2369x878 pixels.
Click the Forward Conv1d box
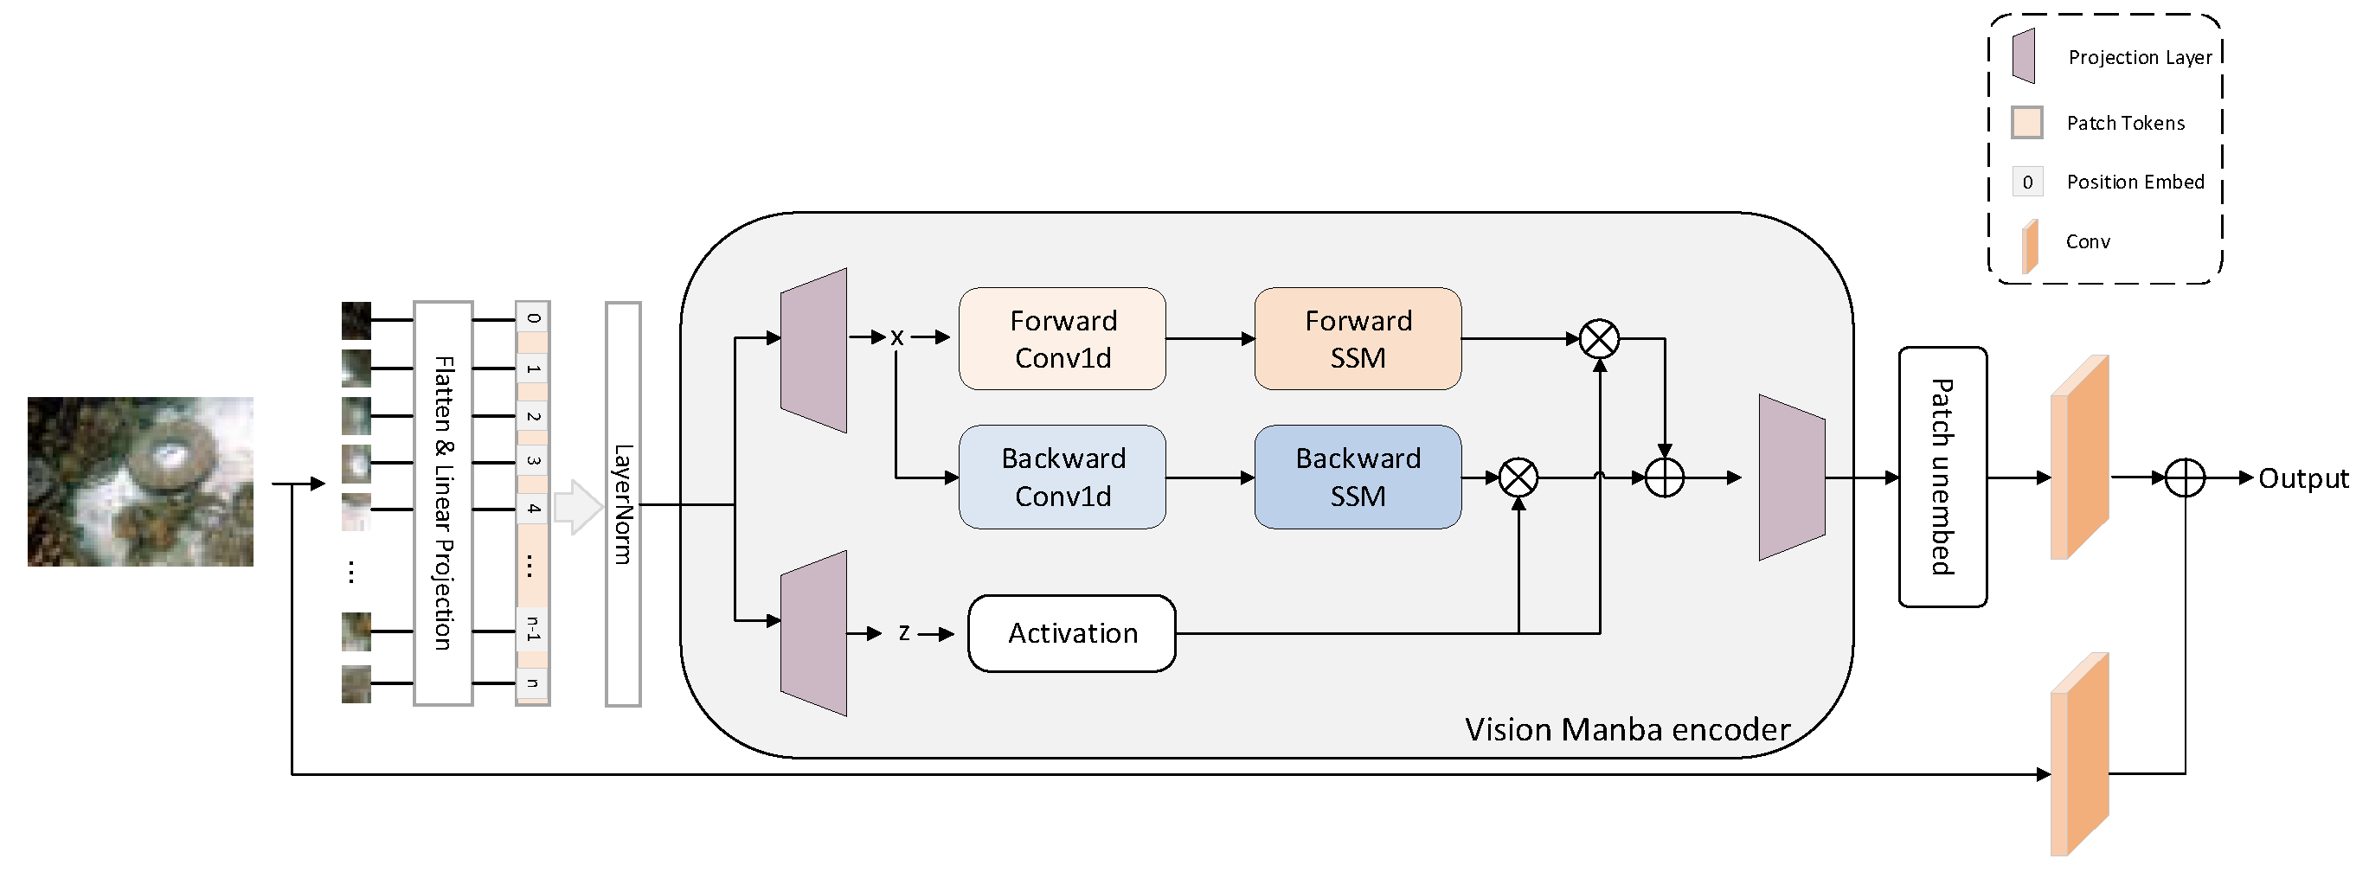[x=1063, y=338]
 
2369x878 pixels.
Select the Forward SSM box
[x=1358, y=338]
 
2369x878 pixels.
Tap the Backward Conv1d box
[x=1063, y=477]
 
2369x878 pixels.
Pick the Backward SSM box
[x=1358, y=477]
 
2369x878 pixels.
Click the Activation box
[x=1071, y=633]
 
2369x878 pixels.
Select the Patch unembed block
[x=1942, y=477]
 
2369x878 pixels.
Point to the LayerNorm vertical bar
[x=623, y=503]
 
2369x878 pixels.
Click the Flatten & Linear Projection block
[x=443, y=503]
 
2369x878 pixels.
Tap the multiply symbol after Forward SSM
[x=1599, y=338]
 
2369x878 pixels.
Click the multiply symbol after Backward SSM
[x=1518, y=477]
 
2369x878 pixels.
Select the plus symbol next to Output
[x=2185, y=477]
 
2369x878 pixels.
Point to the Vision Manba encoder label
[x=1627, y=729]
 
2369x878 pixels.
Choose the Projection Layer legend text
[x=2139, y=57]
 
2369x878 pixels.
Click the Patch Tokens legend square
[x=2027, y=122]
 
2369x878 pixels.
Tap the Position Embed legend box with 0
[x=2027, y=182]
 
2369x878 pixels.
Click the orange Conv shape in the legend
[x=2030, y=246]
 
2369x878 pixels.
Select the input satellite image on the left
[x=140, y=481]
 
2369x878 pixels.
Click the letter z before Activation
[x=904, y=632]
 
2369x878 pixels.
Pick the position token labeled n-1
[x=532, y=630]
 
